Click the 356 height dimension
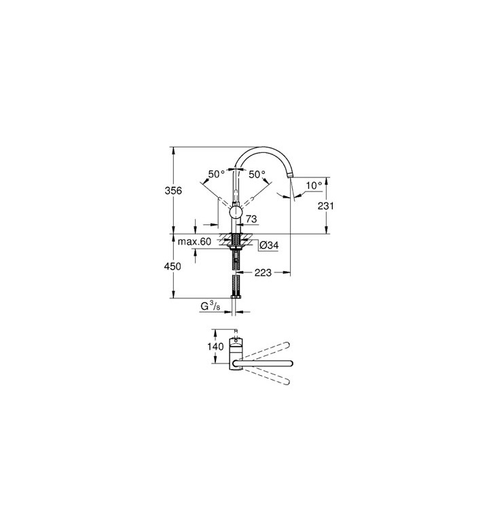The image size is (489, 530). click(173, 191)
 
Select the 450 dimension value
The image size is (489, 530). click(173, 266)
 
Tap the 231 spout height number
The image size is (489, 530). click(325, 205)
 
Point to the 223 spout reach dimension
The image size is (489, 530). click(263, 272)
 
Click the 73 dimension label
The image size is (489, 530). click(251, 219)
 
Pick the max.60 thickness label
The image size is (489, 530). click(194, 241)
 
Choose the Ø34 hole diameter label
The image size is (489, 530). click(270, 245)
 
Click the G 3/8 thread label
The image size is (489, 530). click(210, 306)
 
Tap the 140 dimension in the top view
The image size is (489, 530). click(215, 347)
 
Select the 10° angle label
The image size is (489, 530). click(314, 185)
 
